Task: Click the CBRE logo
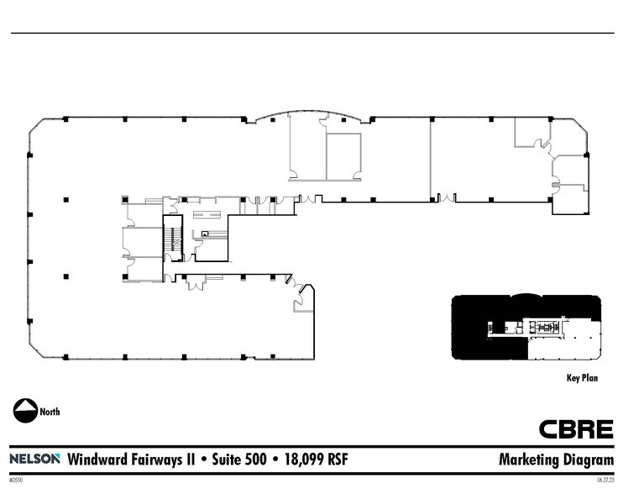point(575,429)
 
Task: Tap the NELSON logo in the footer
point(34,459)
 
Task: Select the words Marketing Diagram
point(556,460)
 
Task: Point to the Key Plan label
point(582,378)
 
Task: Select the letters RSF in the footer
point(338,460)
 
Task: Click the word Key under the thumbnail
point(573,378)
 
